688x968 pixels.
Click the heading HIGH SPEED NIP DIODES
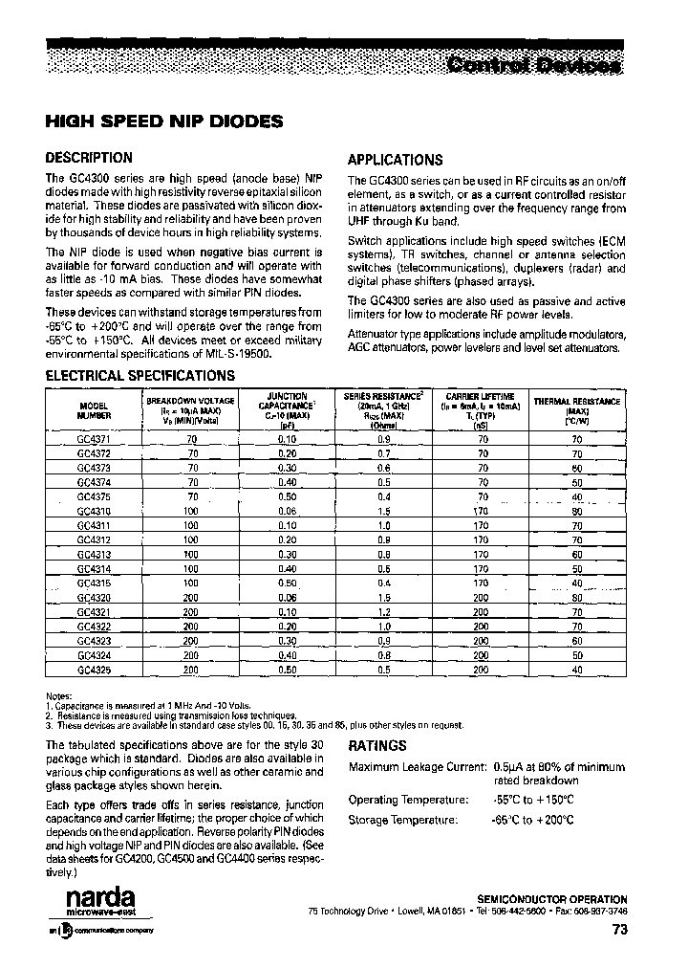tap(164, 121)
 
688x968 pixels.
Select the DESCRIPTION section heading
tap(90, 158)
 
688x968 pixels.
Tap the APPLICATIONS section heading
tap(395, 160)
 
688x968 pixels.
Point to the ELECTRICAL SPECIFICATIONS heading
tap(140, 376)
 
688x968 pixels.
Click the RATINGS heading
tap(377, 745)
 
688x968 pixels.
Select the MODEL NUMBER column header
tap(95, 410)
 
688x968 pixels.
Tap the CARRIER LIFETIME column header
tap(481, 409)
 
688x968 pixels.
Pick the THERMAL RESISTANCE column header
tap(577, 409)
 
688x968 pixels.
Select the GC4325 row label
tap(95, 671)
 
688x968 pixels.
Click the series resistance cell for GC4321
tap(383, 612)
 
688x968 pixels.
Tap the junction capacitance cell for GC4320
tap(288, 598)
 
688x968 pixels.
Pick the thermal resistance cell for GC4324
tap(577, 656)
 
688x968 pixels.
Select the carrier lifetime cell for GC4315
tap(481, 583)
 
